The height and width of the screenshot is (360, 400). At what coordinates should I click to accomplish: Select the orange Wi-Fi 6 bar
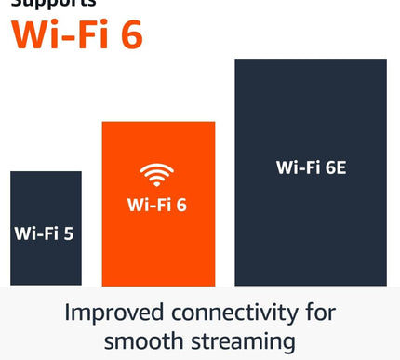pos(157,242)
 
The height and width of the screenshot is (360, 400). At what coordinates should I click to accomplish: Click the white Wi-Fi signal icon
pos(157,174)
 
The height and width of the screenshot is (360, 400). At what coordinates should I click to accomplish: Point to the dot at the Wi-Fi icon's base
pos(157,183)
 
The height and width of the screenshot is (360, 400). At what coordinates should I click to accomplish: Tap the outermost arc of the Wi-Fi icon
pos(157,166)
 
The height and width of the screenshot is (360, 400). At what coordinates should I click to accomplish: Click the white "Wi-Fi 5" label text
pos(44,233)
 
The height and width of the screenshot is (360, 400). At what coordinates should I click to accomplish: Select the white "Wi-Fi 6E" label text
pos(311,168)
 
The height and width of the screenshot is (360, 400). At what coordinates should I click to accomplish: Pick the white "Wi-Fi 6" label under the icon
pos(157,203)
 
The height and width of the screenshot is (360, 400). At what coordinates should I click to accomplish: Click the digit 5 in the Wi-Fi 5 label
pos(68,233)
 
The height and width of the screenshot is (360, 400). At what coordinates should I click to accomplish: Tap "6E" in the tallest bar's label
pos(334,168)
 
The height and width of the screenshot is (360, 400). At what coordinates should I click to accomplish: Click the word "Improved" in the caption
pos(111,312)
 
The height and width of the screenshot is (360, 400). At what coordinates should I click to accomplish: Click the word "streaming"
pos(245,341)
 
